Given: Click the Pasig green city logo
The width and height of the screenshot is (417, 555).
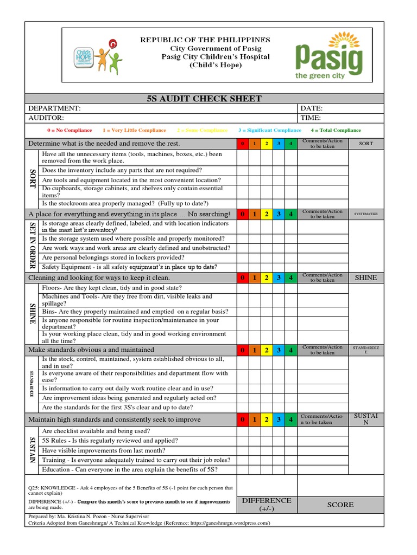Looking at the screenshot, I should [x=328, y=56].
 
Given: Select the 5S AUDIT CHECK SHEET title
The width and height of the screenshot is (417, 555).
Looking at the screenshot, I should [x=204, y=99].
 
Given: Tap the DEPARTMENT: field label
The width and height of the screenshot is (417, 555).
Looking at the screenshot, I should [x=54, y=108].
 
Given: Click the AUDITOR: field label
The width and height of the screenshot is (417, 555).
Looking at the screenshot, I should [x=46, y=118].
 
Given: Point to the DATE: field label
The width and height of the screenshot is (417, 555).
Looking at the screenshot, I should [x=311, y=108].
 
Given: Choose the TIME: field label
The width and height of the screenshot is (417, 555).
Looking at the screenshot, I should [x=311, y=118].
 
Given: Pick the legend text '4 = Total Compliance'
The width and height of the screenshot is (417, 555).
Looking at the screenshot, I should [x=336, y=131].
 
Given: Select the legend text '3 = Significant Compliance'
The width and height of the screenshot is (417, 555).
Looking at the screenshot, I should [x=269, y=131].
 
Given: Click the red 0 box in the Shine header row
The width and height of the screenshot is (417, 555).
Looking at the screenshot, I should [x=242, y=278].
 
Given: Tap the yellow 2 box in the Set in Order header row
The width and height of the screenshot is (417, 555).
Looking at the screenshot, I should [x=267, y=215].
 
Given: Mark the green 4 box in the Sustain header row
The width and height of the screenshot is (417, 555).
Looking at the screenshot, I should [x=291, y=420].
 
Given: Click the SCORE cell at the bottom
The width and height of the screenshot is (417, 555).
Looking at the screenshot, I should [x=340, y=505].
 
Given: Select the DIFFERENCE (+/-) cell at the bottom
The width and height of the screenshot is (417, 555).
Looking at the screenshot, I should [x=267, y=505].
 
